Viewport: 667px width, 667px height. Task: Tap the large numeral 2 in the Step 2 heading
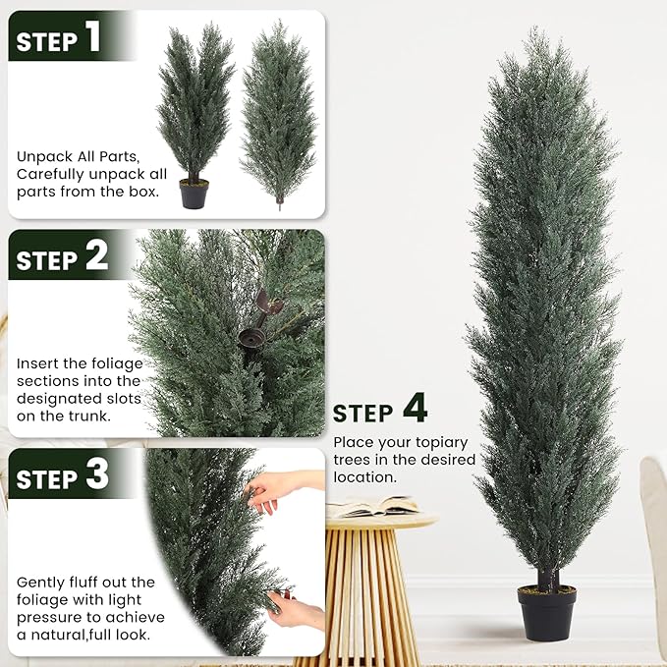pos(95,257)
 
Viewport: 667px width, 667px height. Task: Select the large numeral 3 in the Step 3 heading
pos(96,475)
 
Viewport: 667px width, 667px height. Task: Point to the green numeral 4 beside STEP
pos(415,408)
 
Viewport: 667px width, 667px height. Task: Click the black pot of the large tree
pos(546,613)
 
